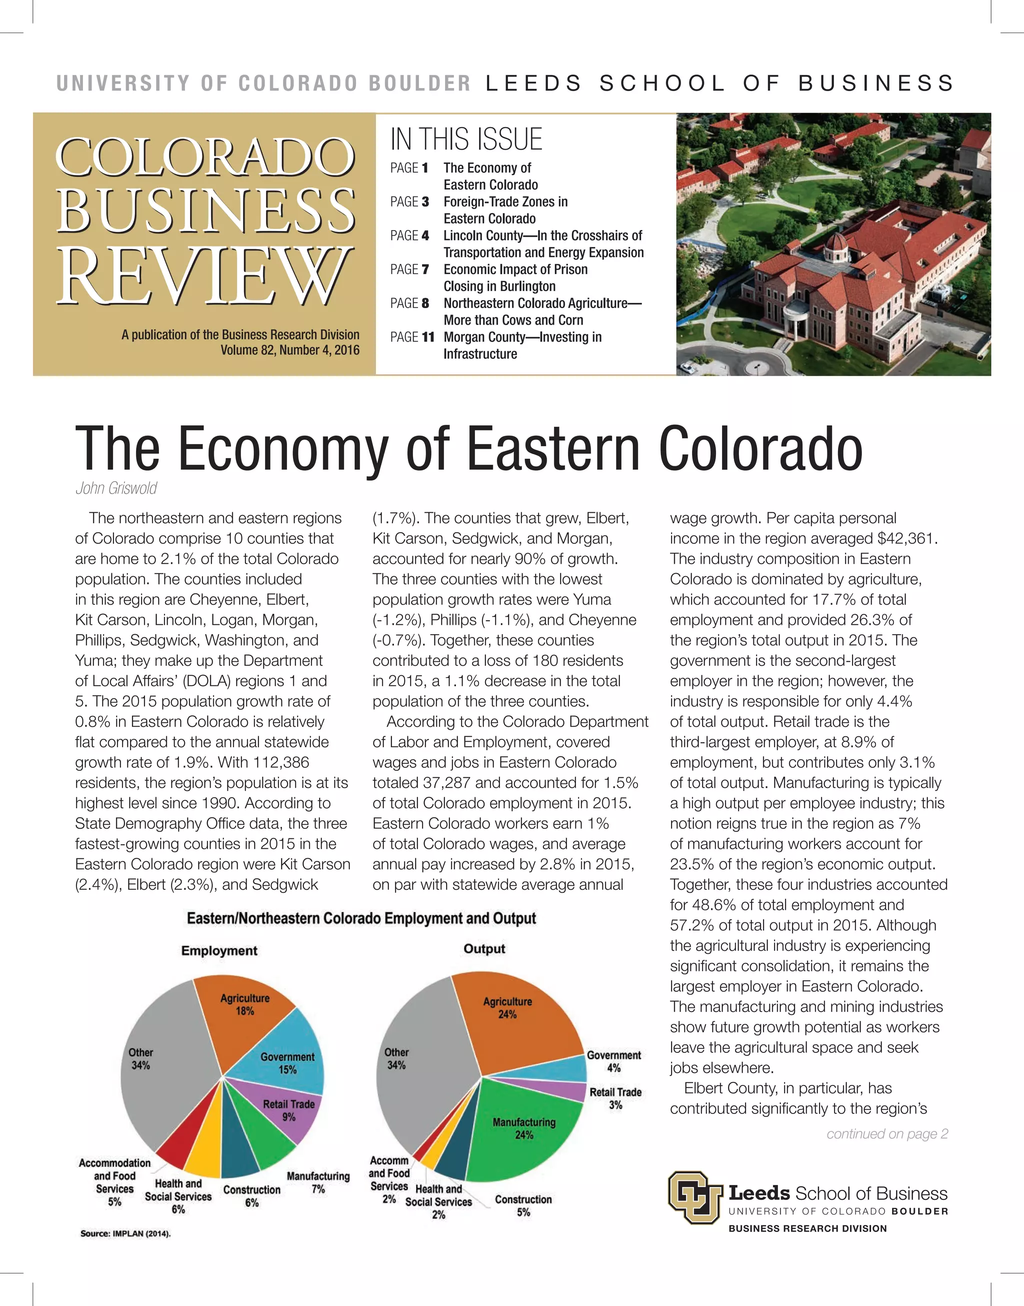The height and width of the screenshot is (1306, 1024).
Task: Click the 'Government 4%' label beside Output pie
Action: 613,1061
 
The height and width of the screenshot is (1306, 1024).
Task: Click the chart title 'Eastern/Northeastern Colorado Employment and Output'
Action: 361,919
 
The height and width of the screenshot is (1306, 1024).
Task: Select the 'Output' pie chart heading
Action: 484,949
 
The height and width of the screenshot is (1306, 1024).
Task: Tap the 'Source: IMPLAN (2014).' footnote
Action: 125,1233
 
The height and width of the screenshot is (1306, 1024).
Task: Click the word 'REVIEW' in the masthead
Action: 204,275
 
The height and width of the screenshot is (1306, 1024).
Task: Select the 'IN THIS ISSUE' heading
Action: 466,139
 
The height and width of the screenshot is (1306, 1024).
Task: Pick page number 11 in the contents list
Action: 427,337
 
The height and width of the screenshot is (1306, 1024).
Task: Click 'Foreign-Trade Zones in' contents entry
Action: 505,202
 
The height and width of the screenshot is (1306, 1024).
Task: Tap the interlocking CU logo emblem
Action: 695,1197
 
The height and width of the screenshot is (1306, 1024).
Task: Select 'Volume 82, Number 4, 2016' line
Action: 289,350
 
